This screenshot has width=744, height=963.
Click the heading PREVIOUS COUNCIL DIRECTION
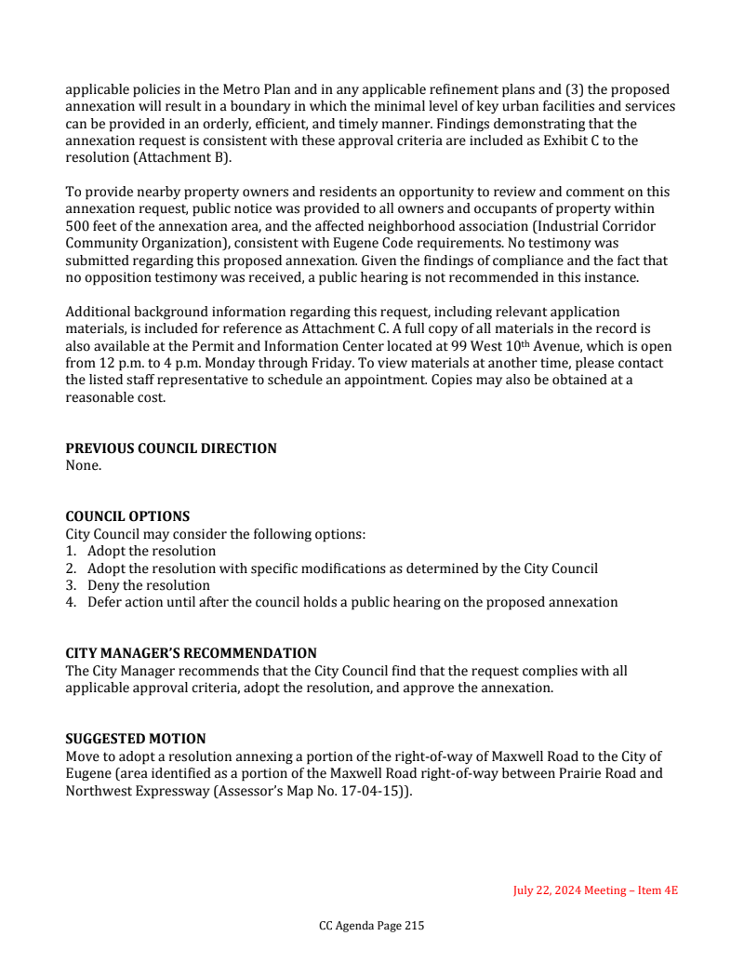click(x=170, y=448)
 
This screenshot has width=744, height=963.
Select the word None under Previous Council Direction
click(x=83, y=465)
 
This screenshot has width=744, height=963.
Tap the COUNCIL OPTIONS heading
click(x=127, y=516)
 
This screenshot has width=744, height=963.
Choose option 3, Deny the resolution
click(x=149, y=585)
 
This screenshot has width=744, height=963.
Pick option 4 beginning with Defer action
click(x=352, y=602)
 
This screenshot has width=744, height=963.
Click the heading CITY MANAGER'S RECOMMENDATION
click(x=191, y=653)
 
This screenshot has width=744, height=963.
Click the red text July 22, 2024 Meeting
click(x=569, y=890)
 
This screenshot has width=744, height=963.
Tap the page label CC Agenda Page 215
click(x=371, y=926)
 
